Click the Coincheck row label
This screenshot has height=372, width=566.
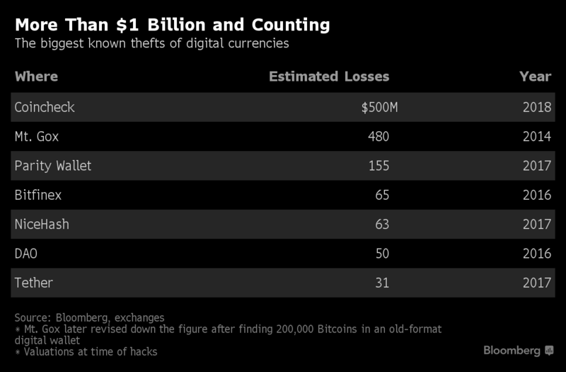point(45,108)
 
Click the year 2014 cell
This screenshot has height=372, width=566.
point(536,137)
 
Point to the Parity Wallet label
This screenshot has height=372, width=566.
point(53,166)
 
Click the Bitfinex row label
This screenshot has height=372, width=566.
point(38,195)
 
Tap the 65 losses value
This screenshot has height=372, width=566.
point(382,195)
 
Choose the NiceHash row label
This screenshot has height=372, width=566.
point(42,224)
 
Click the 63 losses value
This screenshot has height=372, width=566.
point(382,224)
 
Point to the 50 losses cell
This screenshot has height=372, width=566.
point(382,254)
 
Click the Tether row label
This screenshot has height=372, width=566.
point(34,283)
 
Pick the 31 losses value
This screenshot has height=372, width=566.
point(382,283)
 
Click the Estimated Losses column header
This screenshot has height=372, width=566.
point(329,77)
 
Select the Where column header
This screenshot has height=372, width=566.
point(36,77)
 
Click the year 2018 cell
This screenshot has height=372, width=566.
point(536,108)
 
